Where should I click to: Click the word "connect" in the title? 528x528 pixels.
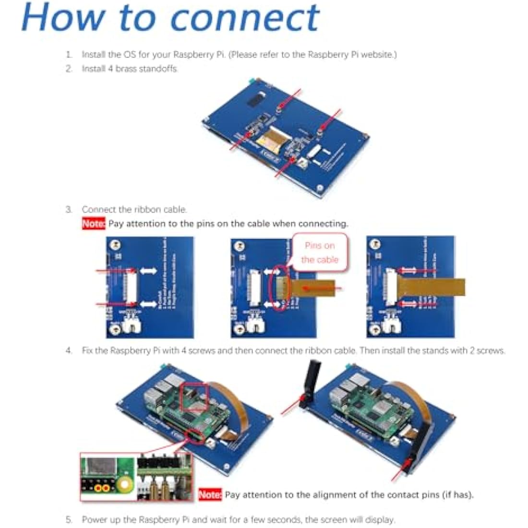(x=245, y=18)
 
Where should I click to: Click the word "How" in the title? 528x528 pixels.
(x=62, y=17)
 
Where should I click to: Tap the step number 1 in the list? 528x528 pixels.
(x=69, y=55)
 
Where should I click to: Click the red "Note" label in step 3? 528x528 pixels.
(x=93, y=224)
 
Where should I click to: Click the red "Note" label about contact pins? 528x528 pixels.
(x=210, y=494)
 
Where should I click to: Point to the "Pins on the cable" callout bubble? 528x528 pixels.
(x=320, y=252)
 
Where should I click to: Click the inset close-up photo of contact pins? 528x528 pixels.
(x=137, y=477)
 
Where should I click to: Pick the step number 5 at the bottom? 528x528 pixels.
(x=69, y=519)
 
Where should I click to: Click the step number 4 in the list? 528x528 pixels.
(x=69, y=351)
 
